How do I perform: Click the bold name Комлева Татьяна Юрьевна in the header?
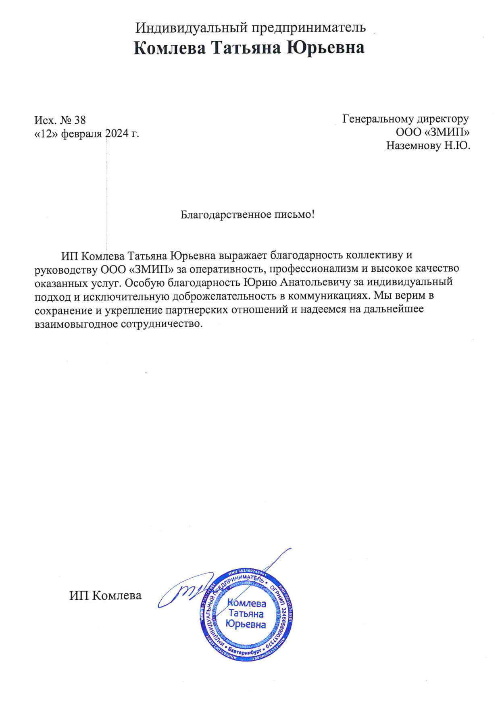pos(249,48)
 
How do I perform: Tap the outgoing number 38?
pos(80,120)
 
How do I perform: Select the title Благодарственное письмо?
pos(247,214)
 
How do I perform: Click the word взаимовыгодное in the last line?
pos(76,324)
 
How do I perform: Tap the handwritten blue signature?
pos(190,588)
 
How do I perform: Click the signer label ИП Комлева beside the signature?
pos(106,596)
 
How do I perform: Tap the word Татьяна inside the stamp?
pos(246,614)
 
